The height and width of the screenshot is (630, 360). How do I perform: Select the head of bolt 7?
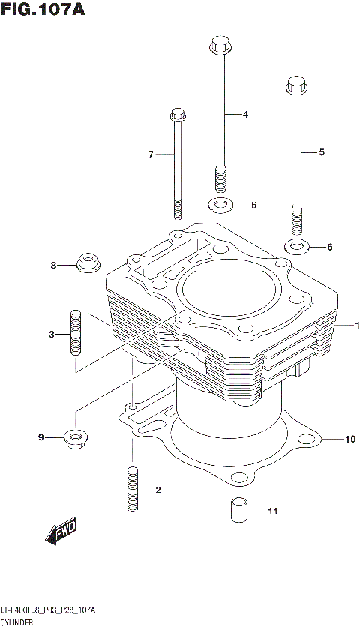(178, 115)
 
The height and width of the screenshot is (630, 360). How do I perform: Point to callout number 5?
(322, 152)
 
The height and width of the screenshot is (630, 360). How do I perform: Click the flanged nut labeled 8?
(89, 265)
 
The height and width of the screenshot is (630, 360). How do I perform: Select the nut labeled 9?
(76, 436)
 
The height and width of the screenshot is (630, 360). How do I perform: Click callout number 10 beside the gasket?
(349, 439)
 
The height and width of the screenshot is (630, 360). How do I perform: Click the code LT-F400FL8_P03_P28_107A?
(48, 612)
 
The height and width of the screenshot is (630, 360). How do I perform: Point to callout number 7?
(150, 155)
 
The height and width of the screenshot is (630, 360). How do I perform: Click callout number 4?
(244, 115)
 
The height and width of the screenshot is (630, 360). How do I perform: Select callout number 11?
(272, 512)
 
